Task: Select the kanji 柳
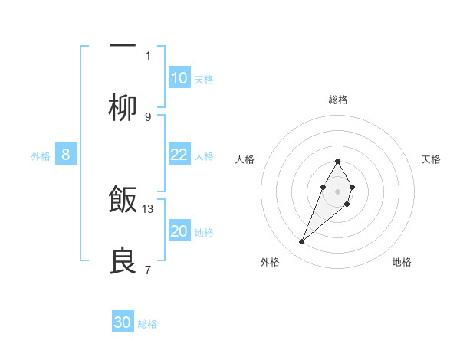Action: click(x=123, y=109)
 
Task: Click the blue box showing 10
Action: click(x=179, y=78)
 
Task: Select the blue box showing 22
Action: click(x=179, y=155)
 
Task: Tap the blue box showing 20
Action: click(x=179, y=231)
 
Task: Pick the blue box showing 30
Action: click(x=123, y=322)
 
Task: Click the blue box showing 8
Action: click(x=66, y=155)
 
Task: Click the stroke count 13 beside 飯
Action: click(x=148, y=208)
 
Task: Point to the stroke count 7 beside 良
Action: click(x=148, y=270)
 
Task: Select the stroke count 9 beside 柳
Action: click(x=148, y=116)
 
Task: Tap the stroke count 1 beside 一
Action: click(x=148, y=55)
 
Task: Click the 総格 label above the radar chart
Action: click(x=337, y=100)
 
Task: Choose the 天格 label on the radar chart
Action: click(x=432, y=159)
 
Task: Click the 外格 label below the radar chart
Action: click(x=270, y=262)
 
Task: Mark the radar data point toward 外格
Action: click(x=302, y=242)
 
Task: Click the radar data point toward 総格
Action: click(x=337, y=161)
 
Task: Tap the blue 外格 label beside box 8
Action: click(x=41, y=156)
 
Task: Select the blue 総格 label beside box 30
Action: click(x=147, y=324)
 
